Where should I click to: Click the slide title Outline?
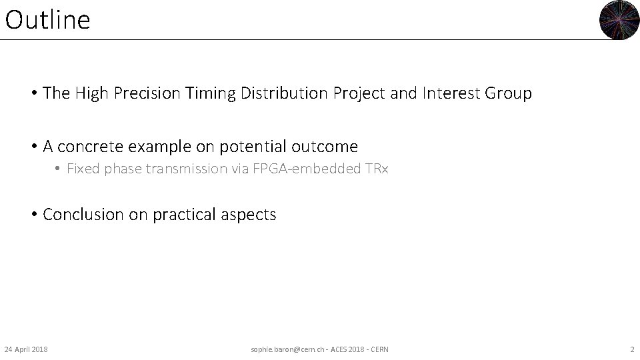[47, 20]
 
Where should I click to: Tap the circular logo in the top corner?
[619, 20]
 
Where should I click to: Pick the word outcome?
[329, 147]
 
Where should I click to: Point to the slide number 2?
[632, 349]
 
